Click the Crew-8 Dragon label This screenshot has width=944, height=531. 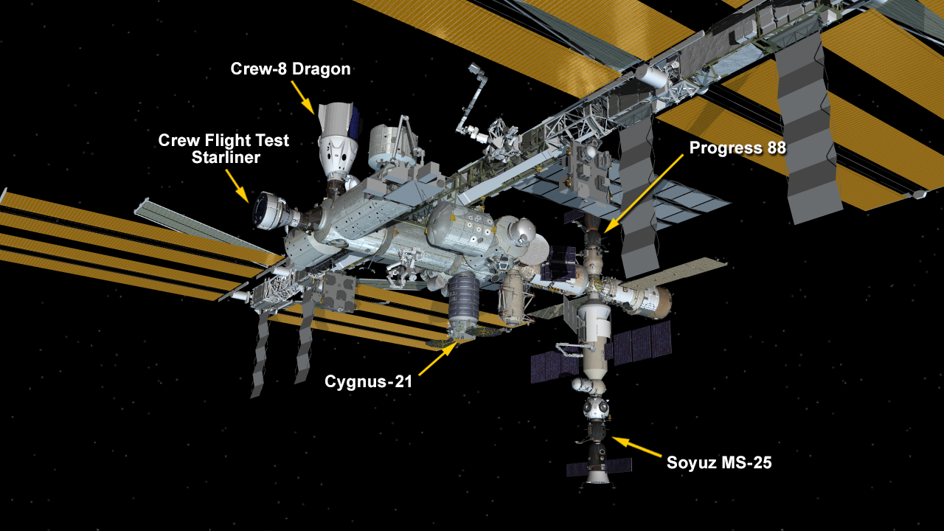pyautogui.click(x=290, y=69)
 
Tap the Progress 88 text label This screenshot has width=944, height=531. pyautogui.click(x=737, y=147)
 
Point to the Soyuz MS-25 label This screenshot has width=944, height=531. pyautogui.click(x=719, y=463)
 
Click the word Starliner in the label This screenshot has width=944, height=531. pyautogui.click(x=226, y=157)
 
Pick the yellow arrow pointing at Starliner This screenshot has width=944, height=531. pyautogui.click(x=237, y=184)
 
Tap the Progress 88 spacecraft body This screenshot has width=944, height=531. pyautogui.click(x=592, y=237)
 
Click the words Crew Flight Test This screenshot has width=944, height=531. pyautogui.click(x=223, y=140)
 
